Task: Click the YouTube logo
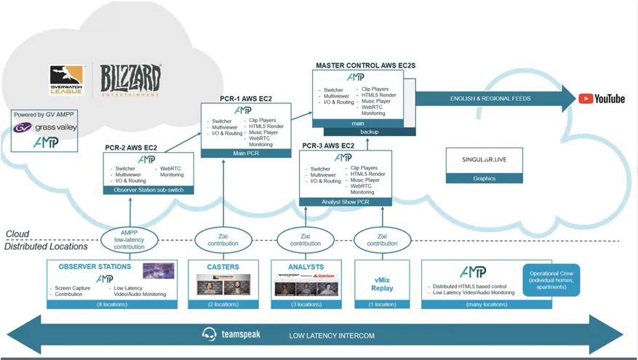point(602,98)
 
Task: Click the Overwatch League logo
point(67,80)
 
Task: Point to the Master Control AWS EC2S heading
point(365,65)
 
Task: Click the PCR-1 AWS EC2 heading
point(247,98)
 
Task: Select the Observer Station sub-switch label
point(148,190)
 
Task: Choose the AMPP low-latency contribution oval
point(131,240)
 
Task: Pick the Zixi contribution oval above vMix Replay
point(383,240)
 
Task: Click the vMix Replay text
point(383,283)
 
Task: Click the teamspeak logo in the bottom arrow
point(231,335)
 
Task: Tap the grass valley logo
point(45,128)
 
